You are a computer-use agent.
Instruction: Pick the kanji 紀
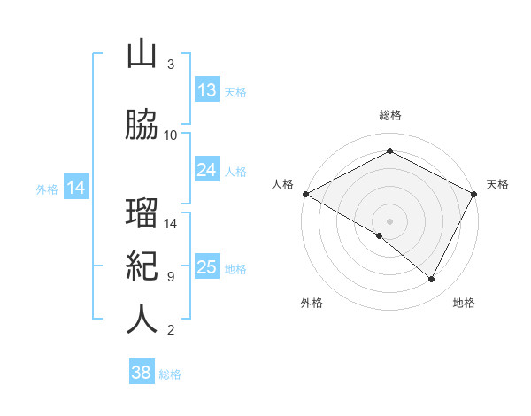point(142,267)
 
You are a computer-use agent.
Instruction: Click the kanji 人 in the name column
point(142,320)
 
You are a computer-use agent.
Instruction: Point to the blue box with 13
point(207,90)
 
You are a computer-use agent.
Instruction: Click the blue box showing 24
point(207,170)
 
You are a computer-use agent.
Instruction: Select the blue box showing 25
point(207,267)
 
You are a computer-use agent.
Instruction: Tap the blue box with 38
point(142,373)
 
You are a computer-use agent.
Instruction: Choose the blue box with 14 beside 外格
point(76,188)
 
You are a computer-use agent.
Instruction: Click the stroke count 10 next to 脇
point(171,135)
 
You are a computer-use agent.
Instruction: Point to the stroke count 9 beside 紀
point(170,277)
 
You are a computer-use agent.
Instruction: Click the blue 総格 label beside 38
point(170,374)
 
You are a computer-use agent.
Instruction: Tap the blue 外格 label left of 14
point(46,189)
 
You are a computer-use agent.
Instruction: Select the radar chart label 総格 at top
point(389,115)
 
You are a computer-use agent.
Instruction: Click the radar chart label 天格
point(497,184)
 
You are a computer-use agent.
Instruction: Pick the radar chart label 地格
point(464,303)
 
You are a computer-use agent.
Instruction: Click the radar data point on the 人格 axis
point(305,193)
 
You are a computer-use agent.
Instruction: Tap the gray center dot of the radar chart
point(389,220)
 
